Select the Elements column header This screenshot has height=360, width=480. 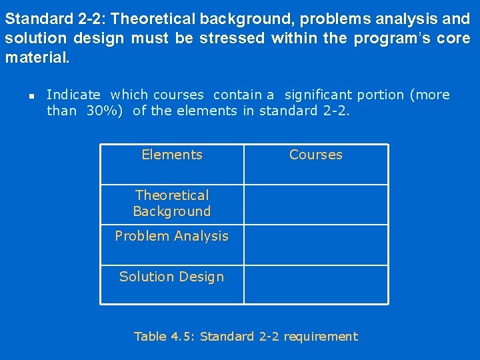[172, 155]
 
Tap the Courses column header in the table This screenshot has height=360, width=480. [316, 155]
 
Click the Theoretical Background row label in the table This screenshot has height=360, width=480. [172, 203]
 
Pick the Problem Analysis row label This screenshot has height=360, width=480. [172, 236]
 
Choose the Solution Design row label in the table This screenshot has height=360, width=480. [172, 277]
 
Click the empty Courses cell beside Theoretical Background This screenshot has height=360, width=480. [316, 204]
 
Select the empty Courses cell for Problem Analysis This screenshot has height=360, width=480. [316, 244]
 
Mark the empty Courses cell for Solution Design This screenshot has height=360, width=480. [316, 284]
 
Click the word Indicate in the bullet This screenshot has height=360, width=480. [73, 95]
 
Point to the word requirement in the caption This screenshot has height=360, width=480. [321, 337]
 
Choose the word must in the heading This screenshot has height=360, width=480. [149, 39]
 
